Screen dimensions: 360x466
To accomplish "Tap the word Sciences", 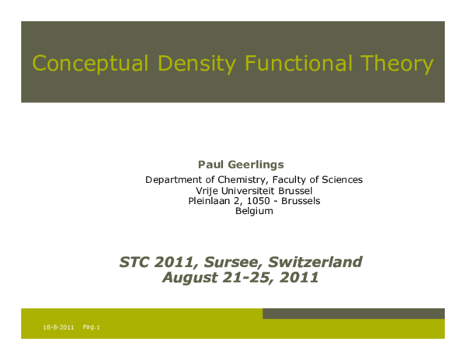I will (x=339, y=180).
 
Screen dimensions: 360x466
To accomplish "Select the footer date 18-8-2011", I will (x=58, y=328).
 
